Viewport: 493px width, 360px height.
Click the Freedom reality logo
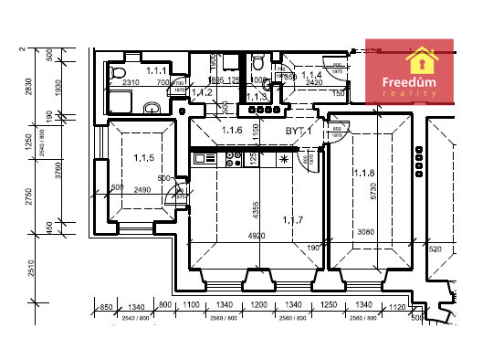[x=409, y=71]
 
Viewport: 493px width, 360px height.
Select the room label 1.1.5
[x=142, y=158]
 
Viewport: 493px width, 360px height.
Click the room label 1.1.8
[x=367, y=172]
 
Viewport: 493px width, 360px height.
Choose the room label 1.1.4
[x=312, y=75]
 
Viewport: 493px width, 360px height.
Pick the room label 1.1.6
[x=232, y=132]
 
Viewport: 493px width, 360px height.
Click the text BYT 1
[x=299, y=132]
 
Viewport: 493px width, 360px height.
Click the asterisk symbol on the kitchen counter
[x=284, y=160]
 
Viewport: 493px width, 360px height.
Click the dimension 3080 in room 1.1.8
[x=364, y=231]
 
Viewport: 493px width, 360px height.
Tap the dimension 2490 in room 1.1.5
[x=141, y=189]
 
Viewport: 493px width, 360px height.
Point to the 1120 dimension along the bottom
[x=395, y=307]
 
